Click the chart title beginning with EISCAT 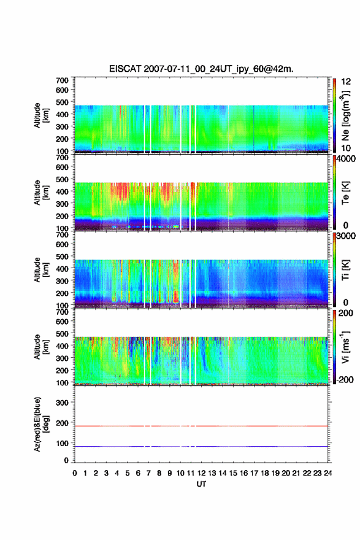(201, 69)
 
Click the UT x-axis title (201, 484)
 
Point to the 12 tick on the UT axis (201, 473)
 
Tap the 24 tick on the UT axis (327, 473)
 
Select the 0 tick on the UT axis (75, 473)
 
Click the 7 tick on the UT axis (148, 473)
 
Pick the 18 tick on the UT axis (265, 473)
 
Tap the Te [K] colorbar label (345, 193)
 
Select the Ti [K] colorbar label (345, 270)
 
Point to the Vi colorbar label (345, 347)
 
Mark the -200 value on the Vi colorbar (345, 379)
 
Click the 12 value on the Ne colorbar (346, 81)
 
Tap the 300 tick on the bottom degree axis (63, 403)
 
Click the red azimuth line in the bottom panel (201, 426)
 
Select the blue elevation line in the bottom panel (201, 446)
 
